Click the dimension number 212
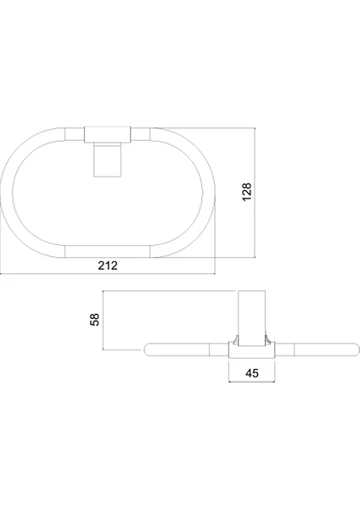coord(108,266)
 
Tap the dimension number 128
coord(247,192)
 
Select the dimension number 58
coord(94,320)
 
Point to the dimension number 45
coord(252,373)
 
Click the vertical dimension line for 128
coord(255,193)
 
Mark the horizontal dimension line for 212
coord(108,274)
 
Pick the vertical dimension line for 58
coord(103,320)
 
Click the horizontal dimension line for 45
coord(252,382)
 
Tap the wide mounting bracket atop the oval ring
coord(107,135)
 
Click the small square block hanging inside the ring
coord(107,160)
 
